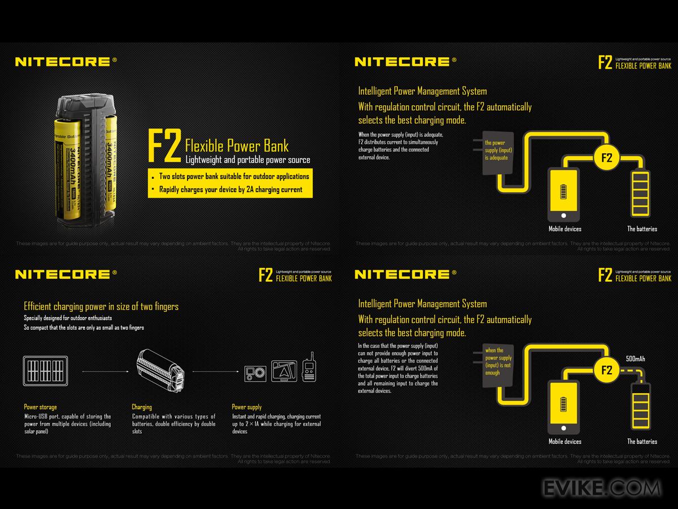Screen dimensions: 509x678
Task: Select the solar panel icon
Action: click(x=45, y=370)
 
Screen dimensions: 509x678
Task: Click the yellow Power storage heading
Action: click(x=40, y=407)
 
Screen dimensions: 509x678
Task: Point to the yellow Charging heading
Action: click(x=142, y=407)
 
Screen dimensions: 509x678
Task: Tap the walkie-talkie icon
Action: click(x=308, y=369)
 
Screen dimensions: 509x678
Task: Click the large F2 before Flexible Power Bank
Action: click(x=164, y=145)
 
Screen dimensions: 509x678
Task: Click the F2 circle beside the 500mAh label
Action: click(x=606, y=371)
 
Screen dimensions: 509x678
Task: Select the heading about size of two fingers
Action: click(x=101, y=307)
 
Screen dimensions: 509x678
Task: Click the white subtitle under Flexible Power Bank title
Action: click(x=248, y=160)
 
